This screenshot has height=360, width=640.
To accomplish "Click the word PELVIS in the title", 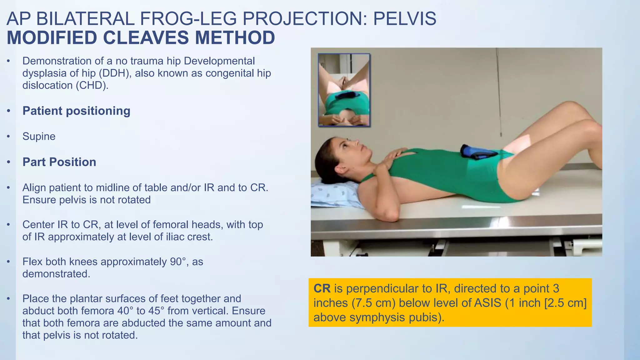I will [x=404, y=19].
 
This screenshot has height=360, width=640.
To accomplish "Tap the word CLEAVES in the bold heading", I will [x=146, y=38].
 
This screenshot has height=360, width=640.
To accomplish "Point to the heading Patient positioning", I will [x=76, y=111].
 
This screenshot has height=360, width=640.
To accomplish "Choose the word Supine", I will [x=39, y=137].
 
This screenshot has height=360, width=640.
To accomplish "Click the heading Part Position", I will [x=59, y=162].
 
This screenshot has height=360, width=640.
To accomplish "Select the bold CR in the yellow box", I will [x=322, y=288].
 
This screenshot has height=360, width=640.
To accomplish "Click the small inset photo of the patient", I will [x=344, y=90].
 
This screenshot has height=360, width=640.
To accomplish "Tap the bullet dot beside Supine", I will [x=9, y=137].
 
